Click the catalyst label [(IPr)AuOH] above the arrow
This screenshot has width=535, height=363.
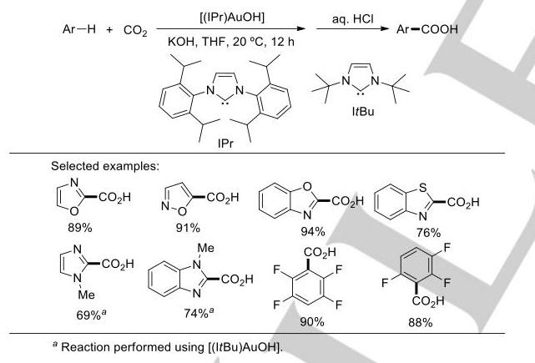click(x=232, y=18)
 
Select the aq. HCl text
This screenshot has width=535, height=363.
click(x=353, y=18)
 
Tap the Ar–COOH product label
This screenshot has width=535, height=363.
click(x=427, y=29)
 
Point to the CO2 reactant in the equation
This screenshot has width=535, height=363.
click(x=135, y=30)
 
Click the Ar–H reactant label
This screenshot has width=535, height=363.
click(x=79, y=29)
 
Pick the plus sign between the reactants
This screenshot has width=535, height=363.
click(x=109, y=30)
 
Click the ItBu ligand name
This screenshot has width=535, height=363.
click(x=363, y=112)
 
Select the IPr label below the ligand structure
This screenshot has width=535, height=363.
click(x=225, y=144)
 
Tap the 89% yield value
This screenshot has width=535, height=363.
click(x=80, y=228)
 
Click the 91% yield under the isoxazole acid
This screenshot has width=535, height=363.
click(x=188, y=228)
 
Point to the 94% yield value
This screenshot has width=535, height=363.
click(x=312, y=232)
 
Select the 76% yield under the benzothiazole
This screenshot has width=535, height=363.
click(x=428, y=233)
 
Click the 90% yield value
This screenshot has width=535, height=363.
click(x=312, y=322)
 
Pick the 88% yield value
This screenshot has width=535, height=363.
click(x=420, y=322)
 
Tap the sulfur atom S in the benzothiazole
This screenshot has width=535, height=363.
click(x=423, y=188)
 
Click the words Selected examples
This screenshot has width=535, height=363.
click(x=105, y=166)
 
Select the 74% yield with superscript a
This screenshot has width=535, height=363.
click(x=199, y=312)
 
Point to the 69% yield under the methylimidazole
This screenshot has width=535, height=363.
click(x=91, y=315)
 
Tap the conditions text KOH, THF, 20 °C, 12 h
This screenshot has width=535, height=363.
click(x=231, y=42)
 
